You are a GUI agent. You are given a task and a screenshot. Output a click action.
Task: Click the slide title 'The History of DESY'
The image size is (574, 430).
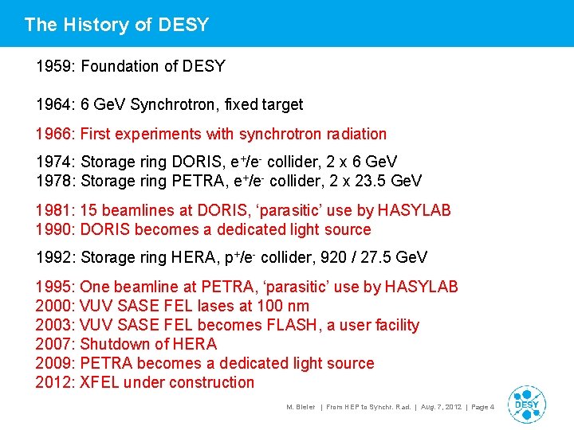pos(116,25)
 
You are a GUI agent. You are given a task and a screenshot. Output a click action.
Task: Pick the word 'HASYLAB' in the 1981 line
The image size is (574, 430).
pos(414,210)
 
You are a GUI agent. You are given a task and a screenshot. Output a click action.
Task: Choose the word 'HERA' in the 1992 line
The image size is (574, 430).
pos(194,257)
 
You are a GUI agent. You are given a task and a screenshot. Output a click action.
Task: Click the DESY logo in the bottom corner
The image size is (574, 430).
pos(526,404)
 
